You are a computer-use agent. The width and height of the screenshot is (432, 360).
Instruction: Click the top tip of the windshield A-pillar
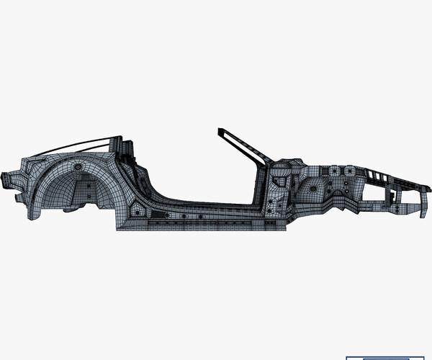pyautogui.click(x=220, y=131)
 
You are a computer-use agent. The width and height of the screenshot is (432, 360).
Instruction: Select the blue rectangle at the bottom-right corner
pyautogui.click(x=385, y=357)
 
